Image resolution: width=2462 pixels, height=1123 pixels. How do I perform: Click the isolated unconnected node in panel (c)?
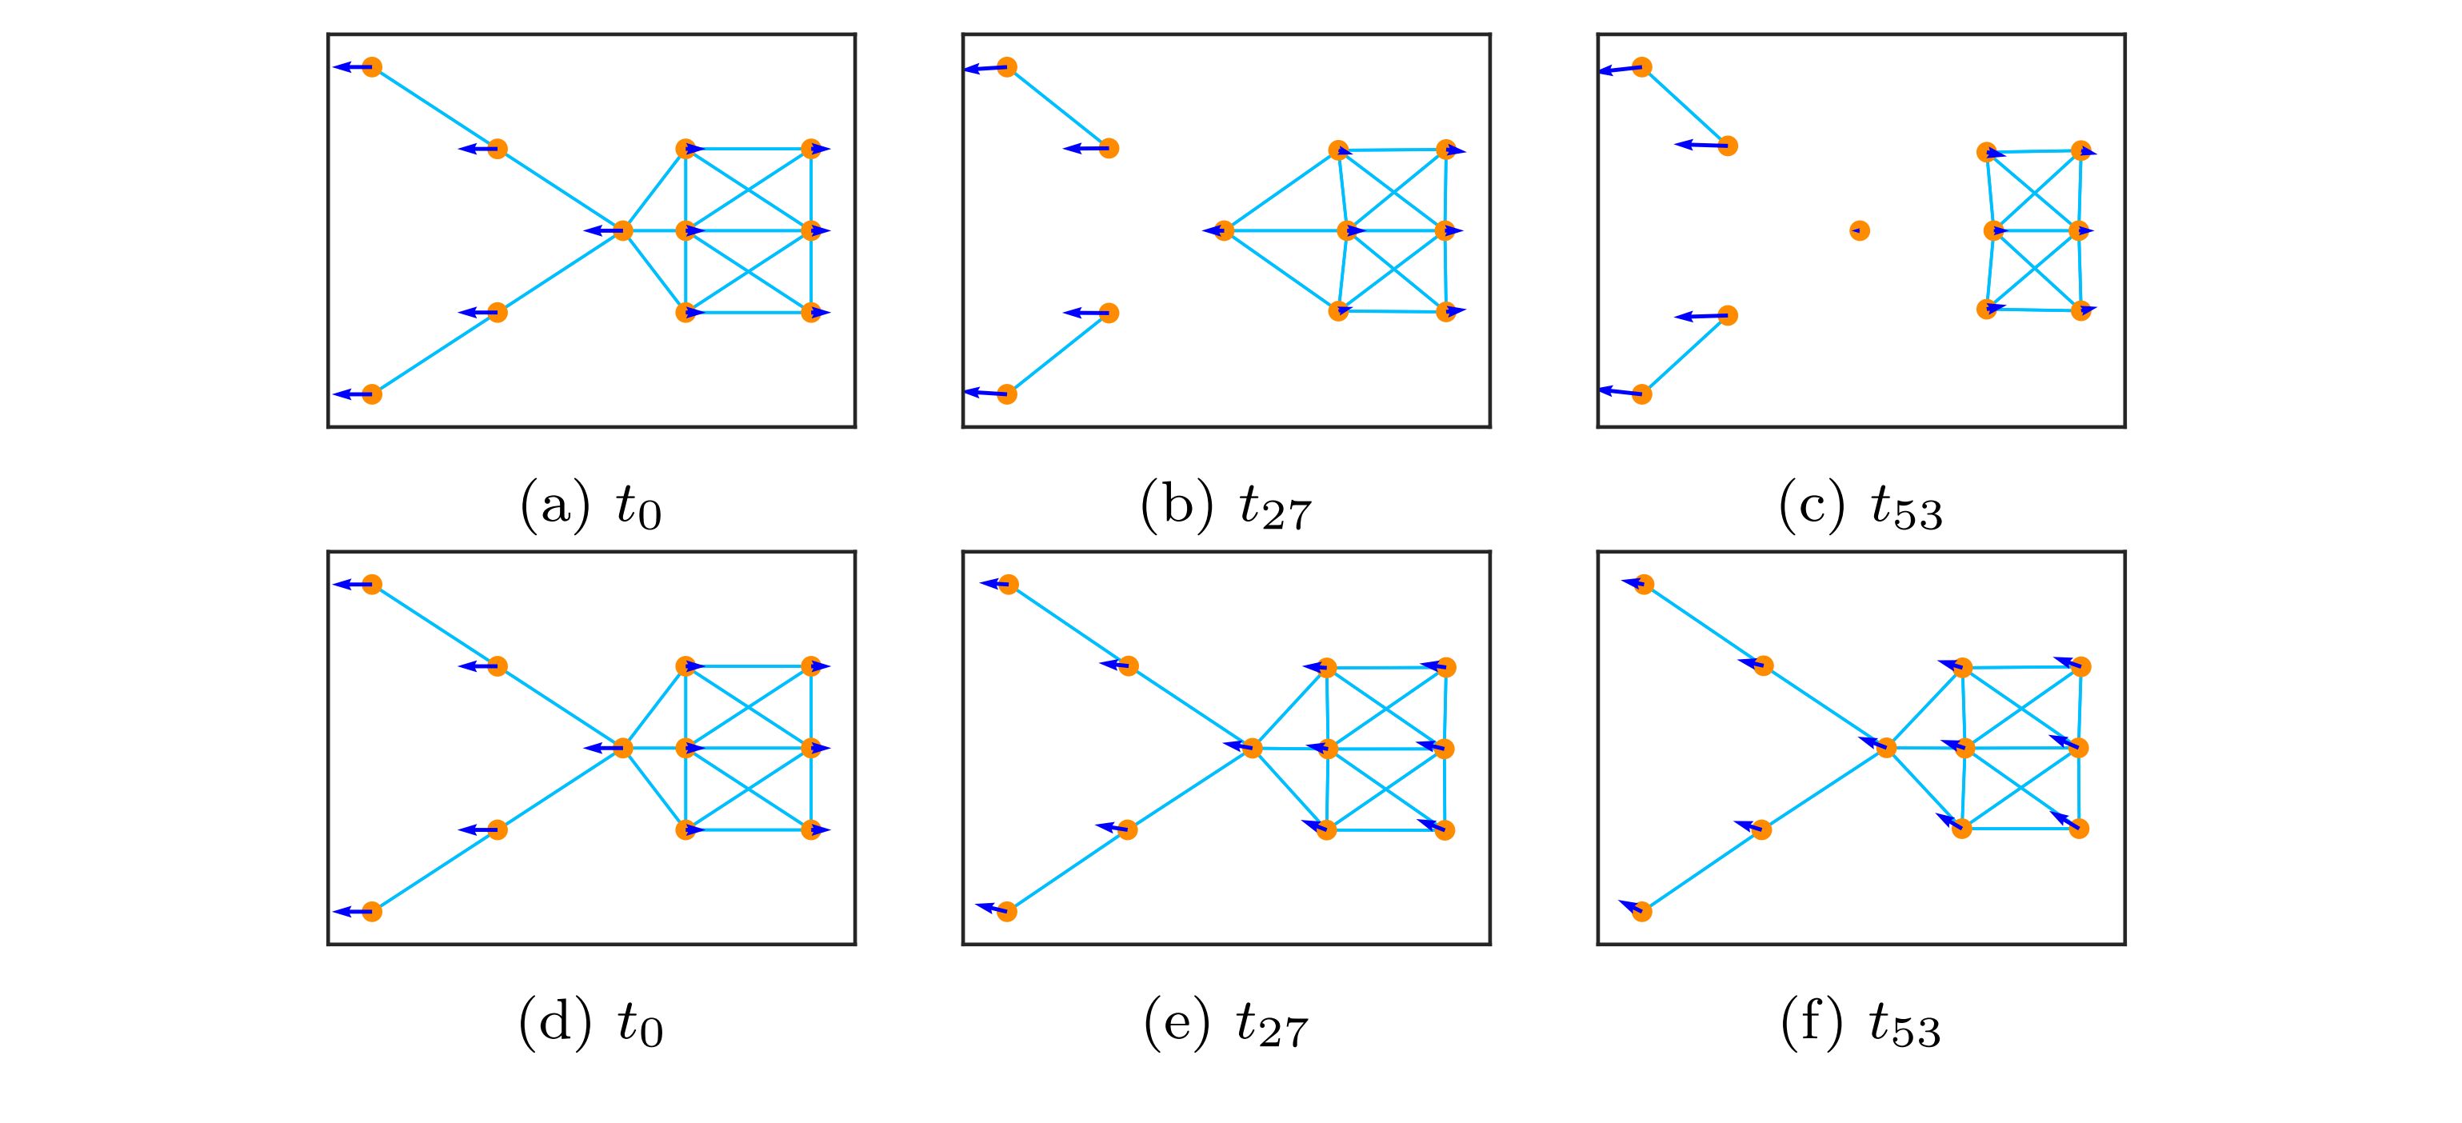tap(1859, 230)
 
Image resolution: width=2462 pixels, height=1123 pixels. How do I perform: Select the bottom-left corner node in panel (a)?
tap(372, 394)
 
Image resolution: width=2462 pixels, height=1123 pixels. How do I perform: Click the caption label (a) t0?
tap(590, 506)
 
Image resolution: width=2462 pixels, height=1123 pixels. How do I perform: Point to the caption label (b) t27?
tap(1225, 506)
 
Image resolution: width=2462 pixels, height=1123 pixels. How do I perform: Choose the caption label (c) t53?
tap(1860, 506)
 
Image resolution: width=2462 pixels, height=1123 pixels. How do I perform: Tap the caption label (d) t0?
tap(590, 1024)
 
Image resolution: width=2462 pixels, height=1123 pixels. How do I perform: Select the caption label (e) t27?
tap(1225, 1024)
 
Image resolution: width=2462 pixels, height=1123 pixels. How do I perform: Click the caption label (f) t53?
tap(1860, 1024)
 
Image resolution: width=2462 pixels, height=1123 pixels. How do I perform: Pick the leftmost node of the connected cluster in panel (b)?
tap(1225, 230)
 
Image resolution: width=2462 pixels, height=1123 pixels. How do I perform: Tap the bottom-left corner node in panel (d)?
tap(372, 912)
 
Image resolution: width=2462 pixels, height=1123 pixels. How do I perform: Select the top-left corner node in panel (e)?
tap(1009, 584)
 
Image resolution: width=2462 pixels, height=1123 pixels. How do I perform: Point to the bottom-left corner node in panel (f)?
tap(1642, 912)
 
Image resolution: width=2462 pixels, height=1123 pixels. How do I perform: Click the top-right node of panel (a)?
tap(810, 148)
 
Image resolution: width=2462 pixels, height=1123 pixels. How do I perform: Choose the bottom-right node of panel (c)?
tap(2080, 310)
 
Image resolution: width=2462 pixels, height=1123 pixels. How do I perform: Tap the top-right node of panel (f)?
tap(2080, 666)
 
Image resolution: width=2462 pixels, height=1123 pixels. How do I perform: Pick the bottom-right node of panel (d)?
tap(810, 829)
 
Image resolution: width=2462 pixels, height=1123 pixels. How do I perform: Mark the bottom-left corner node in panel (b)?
tap(1006, 394)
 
